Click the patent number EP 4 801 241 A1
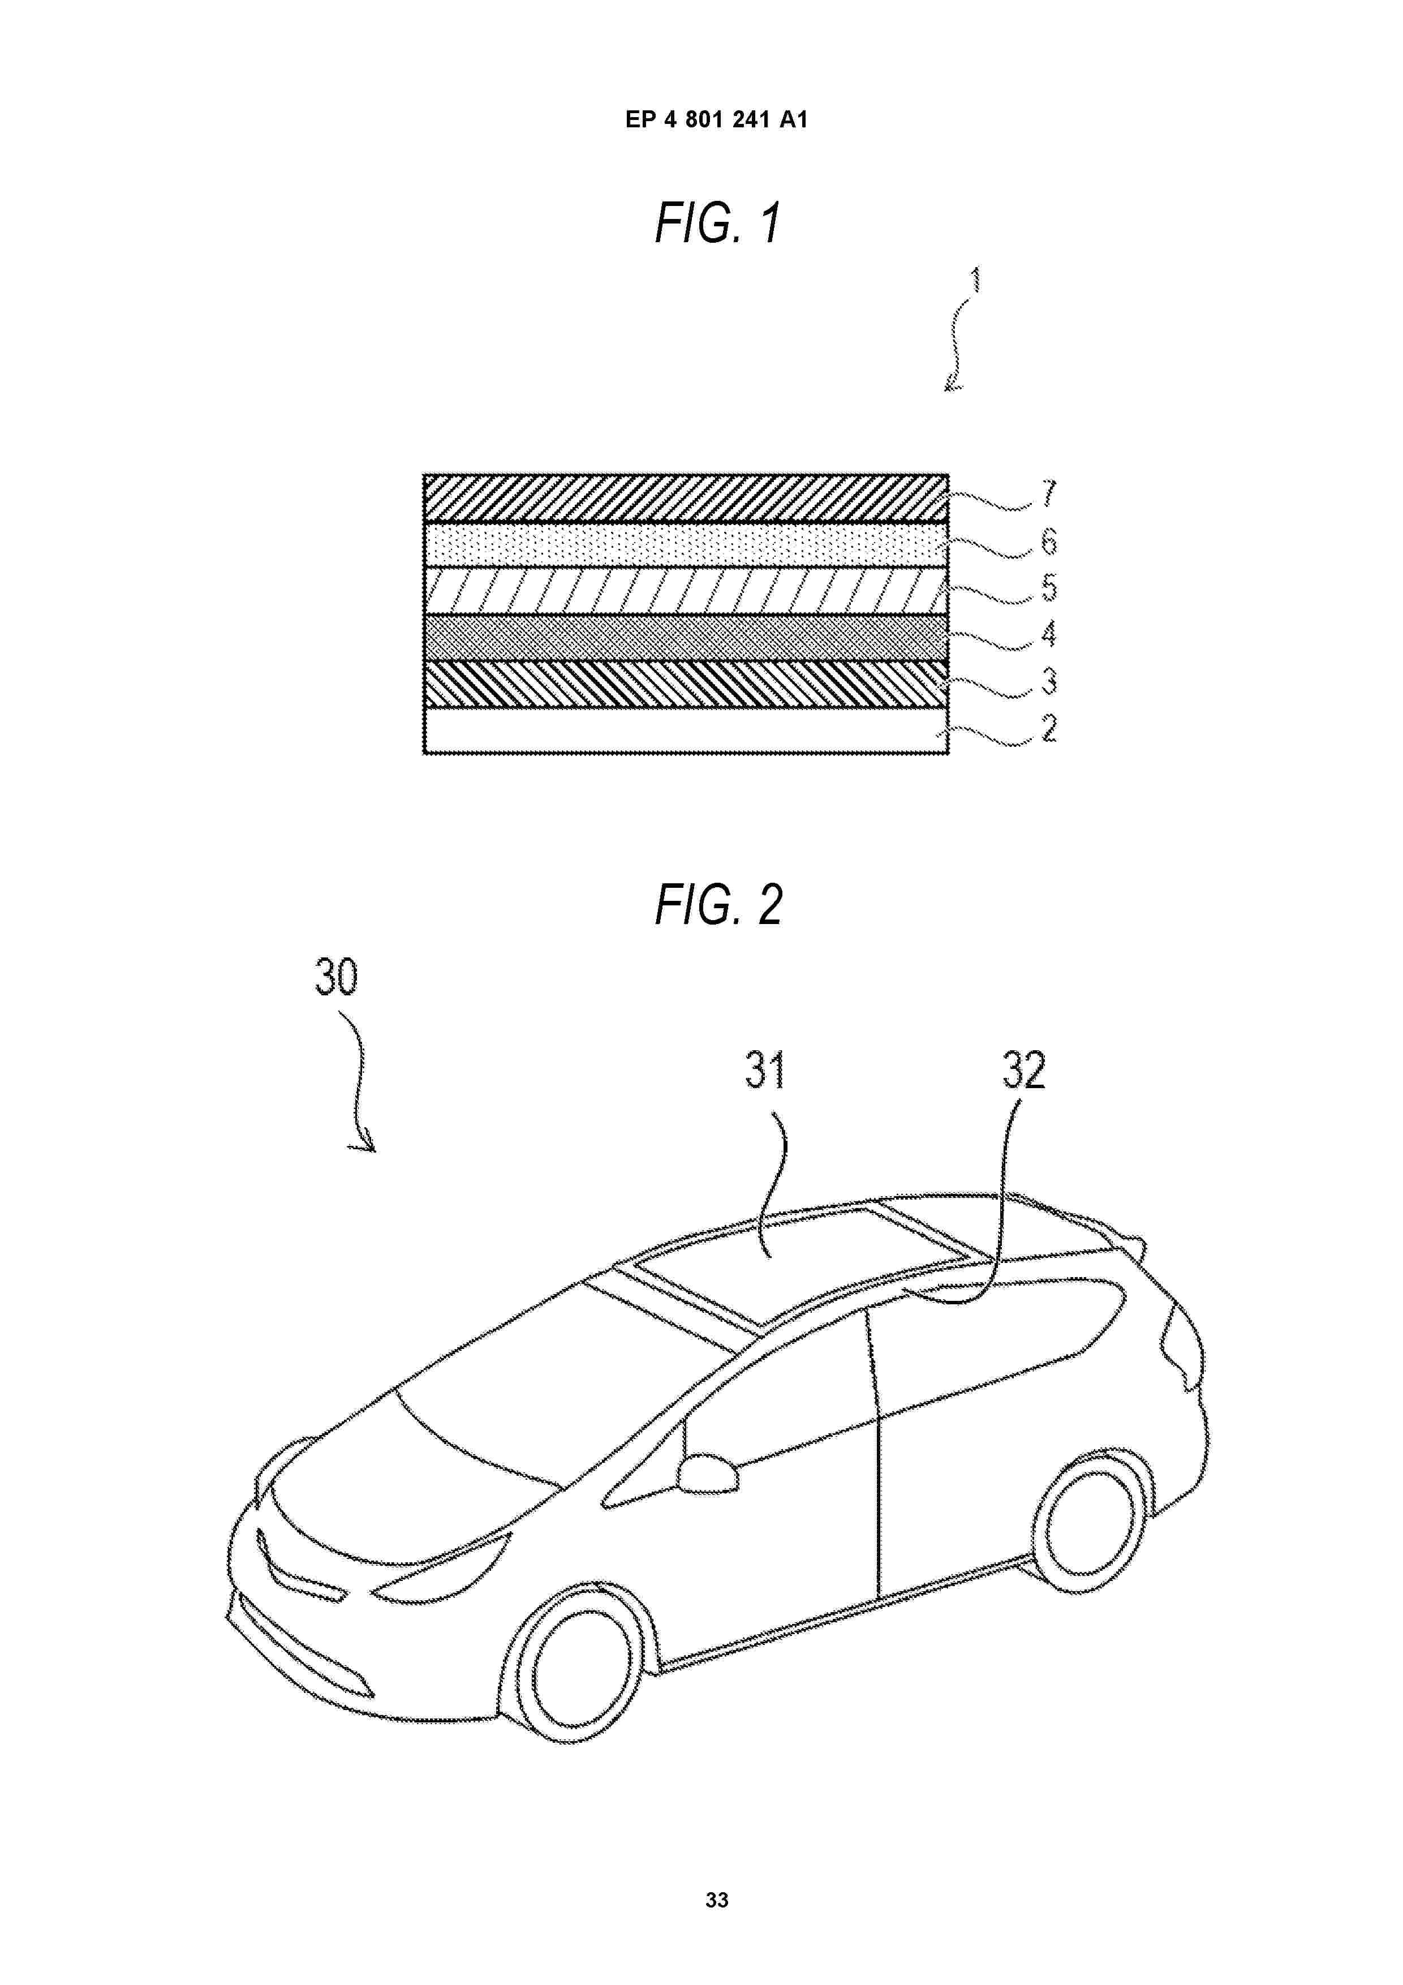coord(717,119)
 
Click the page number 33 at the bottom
coord(717,1900)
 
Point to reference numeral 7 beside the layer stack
coord(1049,493)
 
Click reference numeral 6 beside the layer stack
coord(1049,542)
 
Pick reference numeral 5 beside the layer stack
coord(1049,587)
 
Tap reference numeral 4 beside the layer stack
coord(1049,634)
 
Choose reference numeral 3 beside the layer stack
coord(1049,681)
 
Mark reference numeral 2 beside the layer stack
coord(1049,728)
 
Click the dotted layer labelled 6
coord(686,545)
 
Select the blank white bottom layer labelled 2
coord(686,731)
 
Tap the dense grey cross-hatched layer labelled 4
coord(686,638)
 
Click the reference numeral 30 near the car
coord(335,978)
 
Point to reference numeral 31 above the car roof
coord(765,1071)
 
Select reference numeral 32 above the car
coord(1023,1071)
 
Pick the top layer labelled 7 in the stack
coord(686,498)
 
